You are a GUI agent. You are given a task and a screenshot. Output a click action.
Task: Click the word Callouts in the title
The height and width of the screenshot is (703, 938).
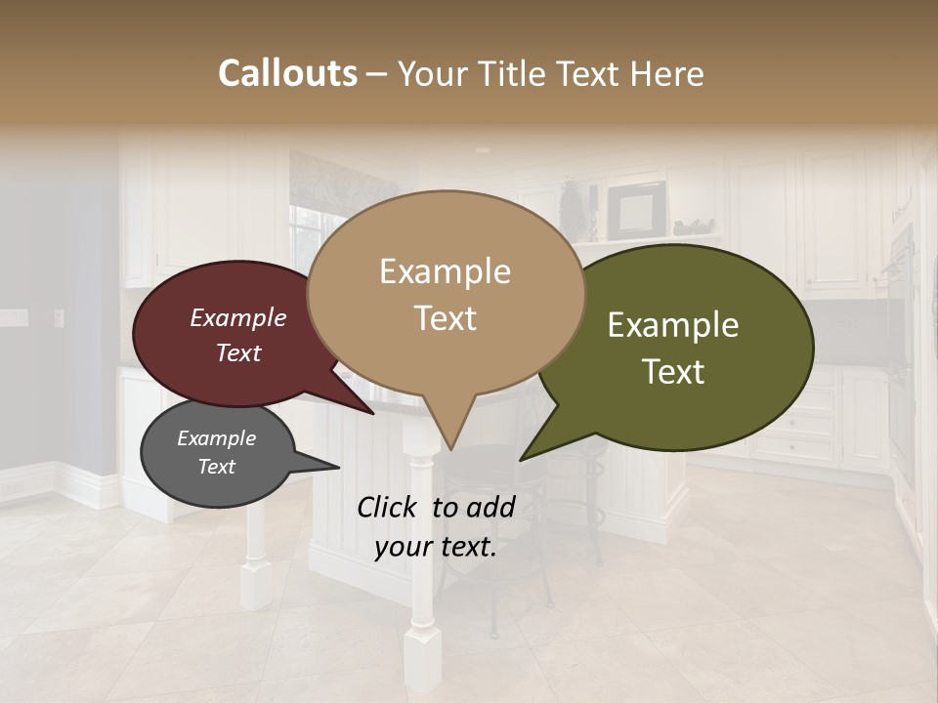(x=287, y=73)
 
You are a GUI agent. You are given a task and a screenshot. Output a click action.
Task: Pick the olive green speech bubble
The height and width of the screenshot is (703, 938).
(x=684, y=347)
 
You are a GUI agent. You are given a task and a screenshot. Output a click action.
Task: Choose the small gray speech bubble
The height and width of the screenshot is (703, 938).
(x=217, y=454)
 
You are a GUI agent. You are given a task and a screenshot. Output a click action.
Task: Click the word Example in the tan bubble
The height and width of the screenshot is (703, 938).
(x=446, y=271)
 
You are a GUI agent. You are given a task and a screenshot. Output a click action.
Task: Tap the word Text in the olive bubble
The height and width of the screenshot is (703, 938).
(x=673, y=372)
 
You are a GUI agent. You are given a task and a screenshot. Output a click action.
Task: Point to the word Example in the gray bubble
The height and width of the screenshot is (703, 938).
(x=217, y=438)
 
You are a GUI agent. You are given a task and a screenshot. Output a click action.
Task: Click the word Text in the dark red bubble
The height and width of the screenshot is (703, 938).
(x=238, y=352)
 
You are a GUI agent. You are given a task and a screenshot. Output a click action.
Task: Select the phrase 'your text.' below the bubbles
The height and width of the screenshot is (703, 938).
(x=436, y=547)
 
